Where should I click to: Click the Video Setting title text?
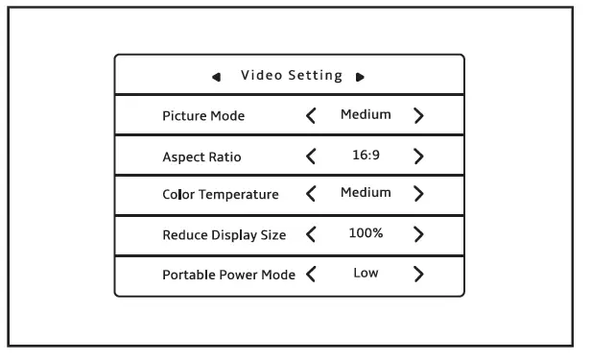[x=292, y=76]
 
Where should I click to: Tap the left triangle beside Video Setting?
[x=220, y=77]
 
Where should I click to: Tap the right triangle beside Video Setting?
[x=360, y=77]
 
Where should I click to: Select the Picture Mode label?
[x=203, y=116]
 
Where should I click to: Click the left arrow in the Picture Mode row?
[x=310, y=116]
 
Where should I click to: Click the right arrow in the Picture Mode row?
[x=418, y=116]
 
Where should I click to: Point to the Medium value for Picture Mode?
[x=366, y=115]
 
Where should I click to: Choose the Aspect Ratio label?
[x=202, y=156]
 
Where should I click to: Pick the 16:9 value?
[x=366, y=155]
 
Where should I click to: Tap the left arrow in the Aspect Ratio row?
[x=310, y=156]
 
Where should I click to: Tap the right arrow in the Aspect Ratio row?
[x=418, y=156]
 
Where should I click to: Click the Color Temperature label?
[x=221, y=195]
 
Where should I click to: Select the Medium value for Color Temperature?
[x=366, y=193]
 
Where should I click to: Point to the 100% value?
[x=366, y=233]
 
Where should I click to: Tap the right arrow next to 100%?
[x=418, y=233]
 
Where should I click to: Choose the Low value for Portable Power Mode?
[x=366, y=273]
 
